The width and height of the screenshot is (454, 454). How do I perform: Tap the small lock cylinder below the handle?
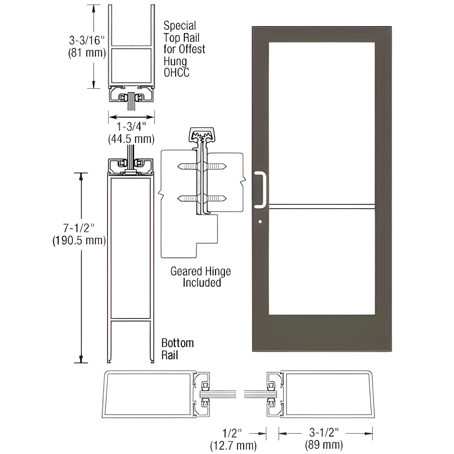click(260, 222)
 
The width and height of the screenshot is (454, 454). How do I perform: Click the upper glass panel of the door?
click(321, 123)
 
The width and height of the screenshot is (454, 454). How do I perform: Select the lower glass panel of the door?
click(321, 262)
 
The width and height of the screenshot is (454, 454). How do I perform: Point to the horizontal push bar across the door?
click(321, 206)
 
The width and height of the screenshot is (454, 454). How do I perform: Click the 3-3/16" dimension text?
click(86, 40)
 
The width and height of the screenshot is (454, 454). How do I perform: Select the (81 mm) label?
click(87, 53)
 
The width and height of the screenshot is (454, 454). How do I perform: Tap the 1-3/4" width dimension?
click(131, 127)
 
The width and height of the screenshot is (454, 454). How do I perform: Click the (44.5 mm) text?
click(131, 139)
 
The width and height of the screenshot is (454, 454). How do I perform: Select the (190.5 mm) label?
click(79, 240)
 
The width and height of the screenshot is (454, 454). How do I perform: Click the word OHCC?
click(176, 73)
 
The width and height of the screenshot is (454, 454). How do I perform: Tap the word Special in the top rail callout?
click(180, 25)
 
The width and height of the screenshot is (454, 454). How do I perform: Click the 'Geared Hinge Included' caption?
click(201, 277)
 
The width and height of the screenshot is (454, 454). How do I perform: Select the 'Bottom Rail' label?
click(177, 349)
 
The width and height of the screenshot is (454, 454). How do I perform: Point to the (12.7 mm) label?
click(233, 445)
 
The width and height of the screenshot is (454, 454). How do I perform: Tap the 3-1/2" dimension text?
click(324, 433)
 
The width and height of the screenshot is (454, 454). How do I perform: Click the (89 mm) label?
click(324, 445)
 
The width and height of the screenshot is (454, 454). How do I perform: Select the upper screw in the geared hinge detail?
click(202, 166)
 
